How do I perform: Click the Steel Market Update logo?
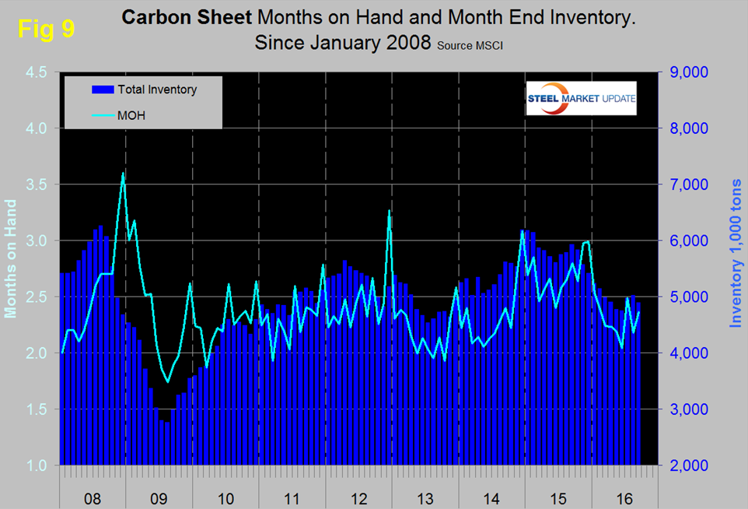[582, 98]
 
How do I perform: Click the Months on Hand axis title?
[11, 259]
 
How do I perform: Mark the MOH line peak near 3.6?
[123, 173]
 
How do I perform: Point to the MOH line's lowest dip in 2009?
[167, 381]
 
